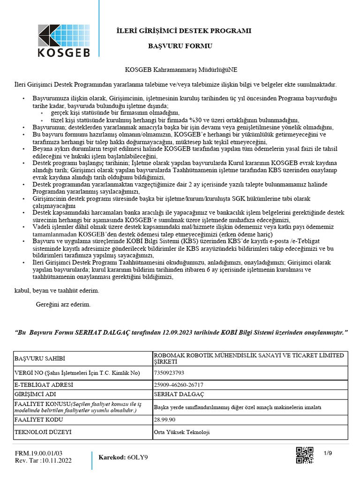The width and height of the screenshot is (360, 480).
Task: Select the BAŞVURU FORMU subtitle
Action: [180, 46]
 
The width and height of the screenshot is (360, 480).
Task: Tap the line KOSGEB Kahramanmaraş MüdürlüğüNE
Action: [181, 69]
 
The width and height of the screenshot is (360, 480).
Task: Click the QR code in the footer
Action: [305, 455]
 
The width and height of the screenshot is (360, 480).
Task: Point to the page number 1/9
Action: [328, 452]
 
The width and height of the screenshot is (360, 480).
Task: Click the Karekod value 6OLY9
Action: [137, 457]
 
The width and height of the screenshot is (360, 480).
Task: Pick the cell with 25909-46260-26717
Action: [176, 385]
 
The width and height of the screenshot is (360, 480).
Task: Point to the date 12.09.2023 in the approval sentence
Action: [178, 332]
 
